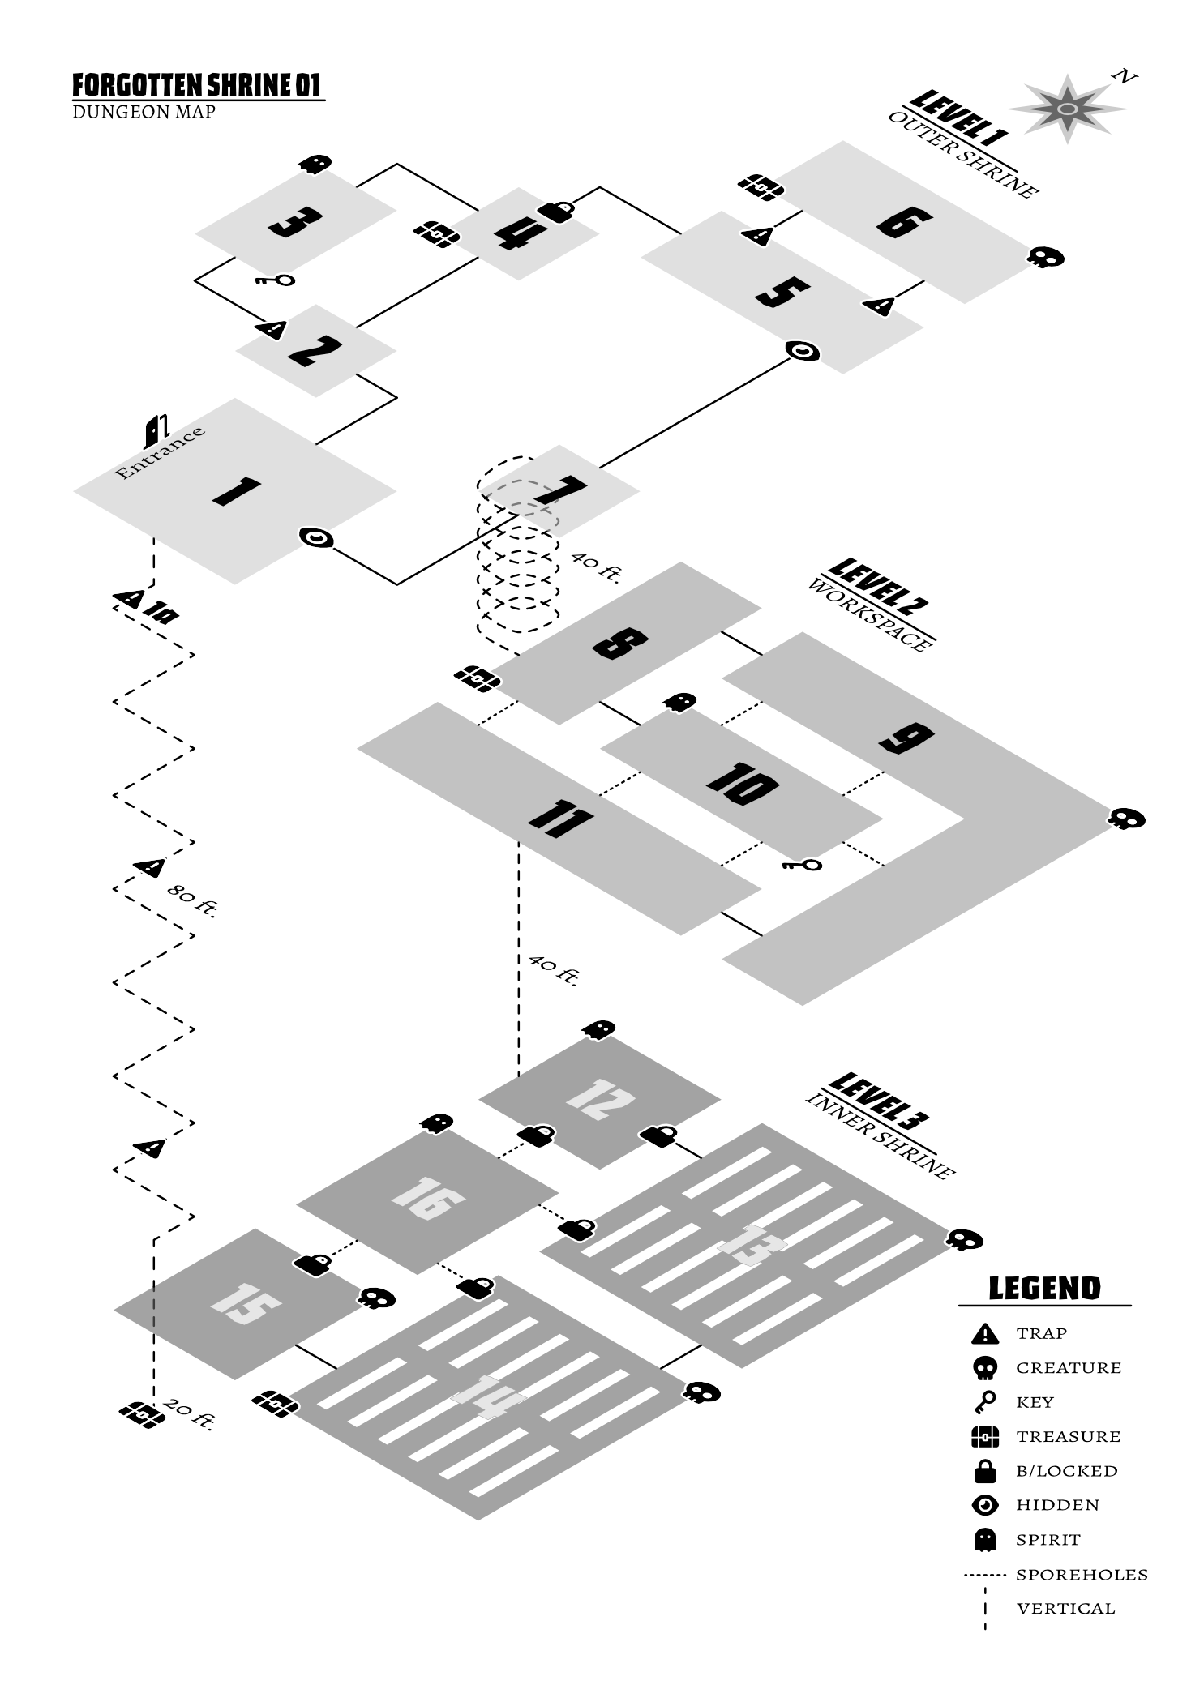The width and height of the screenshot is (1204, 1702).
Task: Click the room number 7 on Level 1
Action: tap(560, 490)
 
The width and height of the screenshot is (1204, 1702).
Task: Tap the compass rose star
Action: tap(1068, 109)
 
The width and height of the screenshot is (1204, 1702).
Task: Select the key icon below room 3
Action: tap(275, 280)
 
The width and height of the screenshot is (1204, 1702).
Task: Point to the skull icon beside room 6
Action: tap(1046, 258)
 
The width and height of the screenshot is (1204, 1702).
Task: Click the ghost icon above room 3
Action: tap(315, 164)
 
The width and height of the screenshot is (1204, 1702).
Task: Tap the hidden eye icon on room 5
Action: tap(803, 351)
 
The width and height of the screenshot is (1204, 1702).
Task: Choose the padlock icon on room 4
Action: tap(556, 212)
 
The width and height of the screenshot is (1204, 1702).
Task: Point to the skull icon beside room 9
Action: tap(1127, 819)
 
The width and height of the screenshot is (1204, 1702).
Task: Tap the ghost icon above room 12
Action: tap(598, 1030)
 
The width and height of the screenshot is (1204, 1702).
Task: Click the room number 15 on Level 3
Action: tap(245, 1303)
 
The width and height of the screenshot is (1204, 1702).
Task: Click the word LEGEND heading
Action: tap(1044, 1288)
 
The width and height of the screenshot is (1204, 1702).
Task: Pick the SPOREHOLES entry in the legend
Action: tap(1082, 1575)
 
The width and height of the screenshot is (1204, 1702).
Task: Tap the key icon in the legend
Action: tap(984, 1401)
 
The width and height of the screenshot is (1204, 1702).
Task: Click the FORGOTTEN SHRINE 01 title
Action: tap(197, 85)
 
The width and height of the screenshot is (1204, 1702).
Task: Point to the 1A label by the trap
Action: tap(161, 614)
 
